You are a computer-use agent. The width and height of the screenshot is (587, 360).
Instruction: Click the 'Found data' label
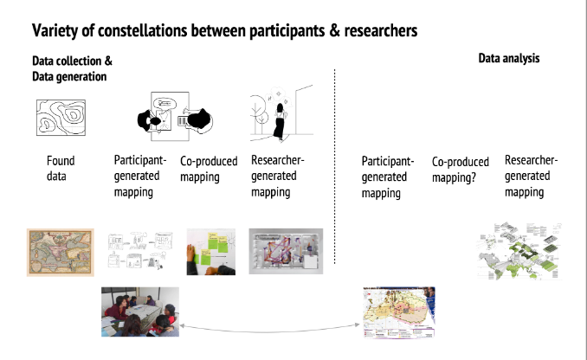(61, 168)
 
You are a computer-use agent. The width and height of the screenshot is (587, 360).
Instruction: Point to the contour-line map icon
(61, 117)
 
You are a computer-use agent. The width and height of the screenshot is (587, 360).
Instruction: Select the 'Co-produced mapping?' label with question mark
(460, 169)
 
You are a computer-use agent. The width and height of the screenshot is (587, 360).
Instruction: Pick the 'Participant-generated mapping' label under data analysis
(387, 177)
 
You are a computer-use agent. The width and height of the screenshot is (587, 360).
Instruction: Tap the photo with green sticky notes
(210, 251)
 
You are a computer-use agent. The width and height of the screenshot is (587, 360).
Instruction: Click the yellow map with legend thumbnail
(398, 311)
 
